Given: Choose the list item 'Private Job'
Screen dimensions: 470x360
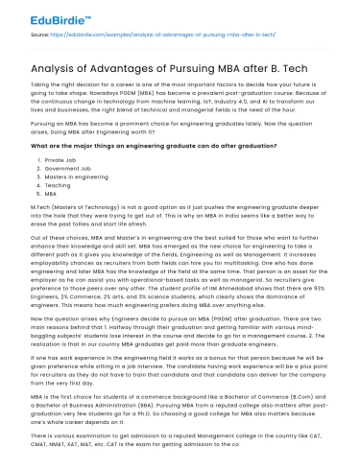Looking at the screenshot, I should [x=60, y=158].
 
